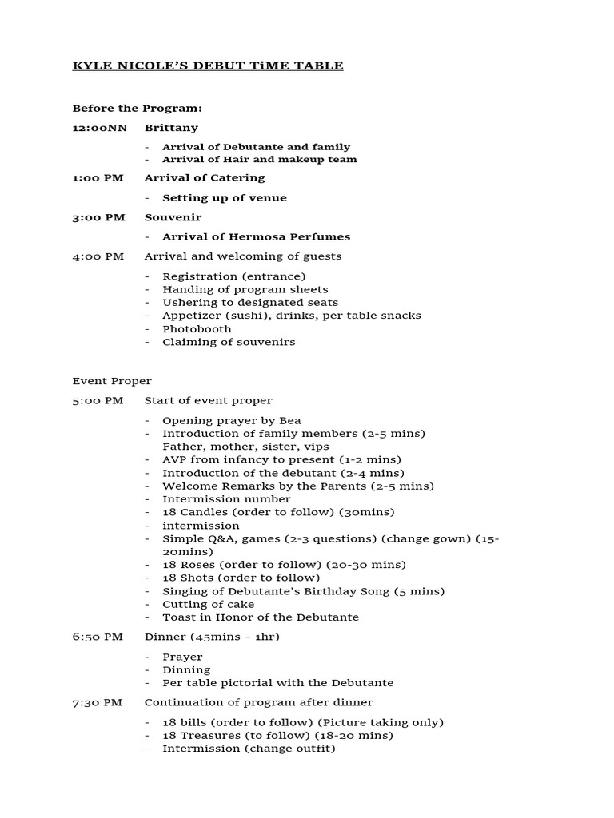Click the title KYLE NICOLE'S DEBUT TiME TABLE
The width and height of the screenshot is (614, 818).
click(208, 66)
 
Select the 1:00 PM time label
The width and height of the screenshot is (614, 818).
click(98, 177)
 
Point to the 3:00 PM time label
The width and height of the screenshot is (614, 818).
click(98, 217)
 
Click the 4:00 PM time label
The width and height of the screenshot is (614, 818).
click(98, 256)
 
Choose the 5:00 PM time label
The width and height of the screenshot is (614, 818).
click(98, 400)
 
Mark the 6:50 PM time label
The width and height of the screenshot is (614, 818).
click(98, 637)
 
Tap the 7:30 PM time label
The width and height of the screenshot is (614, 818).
click(98, 702)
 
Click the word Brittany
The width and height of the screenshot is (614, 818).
click(171, 128)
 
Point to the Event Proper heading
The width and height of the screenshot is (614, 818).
click(112, 381)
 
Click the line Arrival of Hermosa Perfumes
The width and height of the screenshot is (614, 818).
click(256, 236)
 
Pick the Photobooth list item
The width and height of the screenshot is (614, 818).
click(197, 328)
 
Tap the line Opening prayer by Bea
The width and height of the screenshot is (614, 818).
click(231, 420)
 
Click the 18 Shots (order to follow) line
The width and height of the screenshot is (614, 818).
click(241, 578)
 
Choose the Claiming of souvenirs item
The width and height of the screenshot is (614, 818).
click(229, 342)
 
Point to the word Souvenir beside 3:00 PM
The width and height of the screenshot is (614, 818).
click(173, 217)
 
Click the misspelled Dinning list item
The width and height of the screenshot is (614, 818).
click(186, 669)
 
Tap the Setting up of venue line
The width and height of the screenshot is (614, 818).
click(224, 197)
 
